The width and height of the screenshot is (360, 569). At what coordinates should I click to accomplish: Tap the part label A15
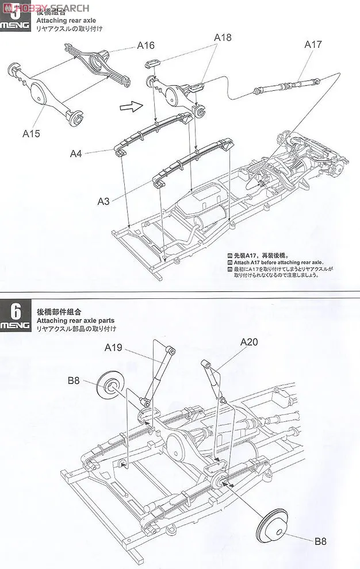(32, 133)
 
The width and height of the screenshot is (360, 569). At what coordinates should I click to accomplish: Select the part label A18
(223, 37)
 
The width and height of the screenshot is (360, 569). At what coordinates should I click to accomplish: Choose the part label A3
(104, 201)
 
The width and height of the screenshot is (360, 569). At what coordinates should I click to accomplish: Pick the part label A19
(116, 347)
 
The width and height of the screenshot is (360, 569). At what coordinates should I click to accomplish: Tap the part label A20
(249, 341)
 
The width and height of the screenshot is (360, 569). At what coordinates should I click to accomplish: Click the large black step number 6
(16, 312)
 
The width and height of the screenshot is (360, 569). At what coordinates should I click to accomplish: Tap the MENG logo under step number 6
(16, 326)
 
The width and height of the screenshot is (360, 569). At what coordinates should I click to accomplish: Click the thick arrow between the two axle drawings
(132, 105)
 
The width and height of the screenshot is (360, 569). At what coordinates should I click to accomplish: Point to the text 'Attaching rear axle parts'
(75, 320)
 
